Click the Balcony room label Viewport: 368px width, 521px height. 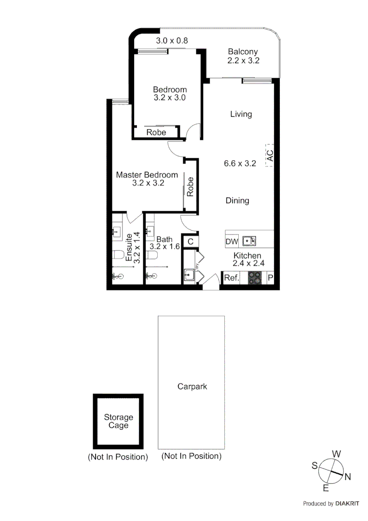point(243,52)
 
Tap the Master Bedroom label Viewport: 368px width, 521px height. point(147,175)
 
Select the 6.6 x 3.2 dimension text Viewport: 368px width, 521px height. point(239,164)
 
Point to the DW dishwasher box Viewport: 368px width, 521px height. point(232,241)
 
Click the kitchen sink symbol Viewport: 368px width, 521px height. point(249,241)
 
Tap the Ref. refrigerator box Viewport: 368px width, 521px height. point(232,278)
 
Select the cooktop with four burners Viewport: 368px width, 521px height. point(255,278)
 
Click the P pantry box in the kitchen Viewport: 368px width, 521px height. point(270,278)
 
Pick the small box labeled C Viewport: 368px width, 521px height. point(190,241)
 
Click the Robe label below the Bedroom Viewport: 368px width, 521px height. point(156,132)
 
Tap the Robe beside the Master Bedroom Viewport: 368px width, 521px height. point(191,187)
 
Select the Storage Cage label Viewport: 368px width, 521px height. point(118,421)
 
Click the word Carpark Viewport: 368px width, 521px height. point(192,386)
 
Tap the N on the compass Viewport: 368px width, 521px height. point(348,477)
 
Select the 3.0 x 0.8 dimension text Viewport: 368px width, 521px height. point(172,41)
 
